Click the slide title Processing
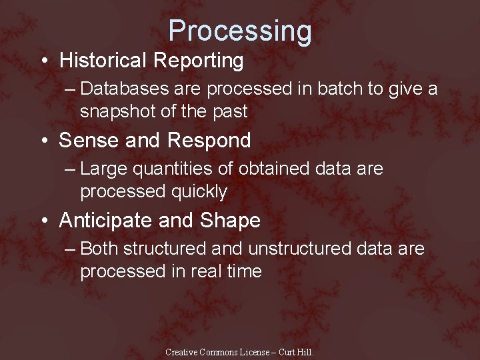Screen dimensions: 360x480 239,31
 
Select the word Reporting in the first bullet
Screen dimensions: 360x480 198,61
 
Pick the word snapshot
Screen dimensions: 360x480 117,111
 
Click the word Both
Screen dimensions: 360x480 99,249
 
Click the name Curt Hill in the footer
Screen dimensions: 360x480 295,352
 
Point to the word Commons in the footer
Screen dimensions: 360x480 222,352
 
